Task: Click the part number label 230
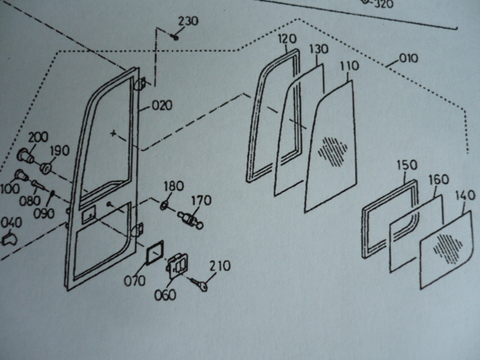tap(187, 21)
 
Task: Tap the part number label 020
tap(161, 106)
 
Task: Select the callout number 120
tap(287, 39)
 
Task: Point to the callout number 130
tap(319, 49)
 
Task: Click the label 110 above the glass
tap(349, 67)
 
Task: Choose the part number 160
tap(438, 181)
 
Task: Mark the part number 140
tap(465, 196)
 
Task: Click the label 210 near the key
tap(220, 265)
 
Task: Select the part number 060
tap(165, 294)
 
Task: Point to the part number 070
tap(136, 282)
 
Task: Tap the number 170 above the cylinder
tap(201, 200)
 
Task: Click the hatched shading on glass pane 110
tap(333, 149)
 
